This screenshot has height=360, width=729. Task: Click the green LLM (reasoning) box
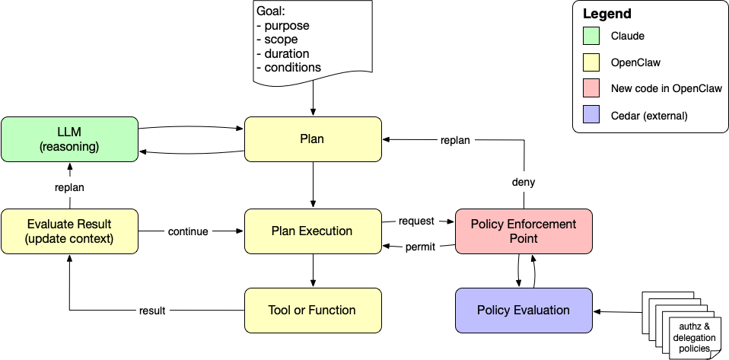tap(69, 139)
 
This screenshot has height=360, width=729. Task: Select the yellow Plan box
tap(312, 139)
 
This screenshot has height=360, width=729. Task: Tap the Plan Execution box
tap(312, 231)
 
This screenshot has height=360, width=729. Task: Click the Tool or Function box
tap(312, 310)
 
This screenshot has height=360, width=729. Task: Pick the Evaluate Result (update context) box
tap(69, 231)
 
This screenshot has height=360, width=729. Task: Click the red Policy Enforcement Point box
tap(524, 231)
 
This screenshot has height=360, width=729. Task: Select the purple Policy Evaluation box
tap(524, 310)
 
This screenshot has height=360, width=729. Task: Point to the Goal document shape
tap(313, 42)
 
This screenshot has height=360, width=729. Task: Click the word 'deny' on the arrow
tap(524, 183)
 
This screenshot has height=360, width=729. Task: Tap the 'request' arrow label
tap(416, 221)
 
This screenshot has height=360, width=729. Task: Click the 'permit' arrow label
tap(420, 247)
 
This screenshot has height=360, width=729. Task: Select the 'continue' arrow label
tap(188, 231)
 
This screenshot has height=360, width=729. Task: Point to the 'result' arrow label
tap(152, 311)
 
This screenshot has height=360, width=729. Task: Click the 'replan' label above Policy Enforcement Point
tap(455, 140)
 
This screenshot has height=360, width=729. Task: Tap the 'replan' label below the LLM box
tap(69, 186)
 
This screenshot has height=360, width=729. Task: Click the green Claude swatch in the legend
tap(592, 36)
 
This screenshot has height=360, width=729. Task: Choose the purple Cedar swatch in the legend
tap(592, 116)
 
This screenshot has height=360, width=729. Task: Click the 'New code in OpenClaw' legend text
tap(666, 89)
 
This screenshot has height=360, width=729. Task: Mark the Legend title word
tap(606, 14)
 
